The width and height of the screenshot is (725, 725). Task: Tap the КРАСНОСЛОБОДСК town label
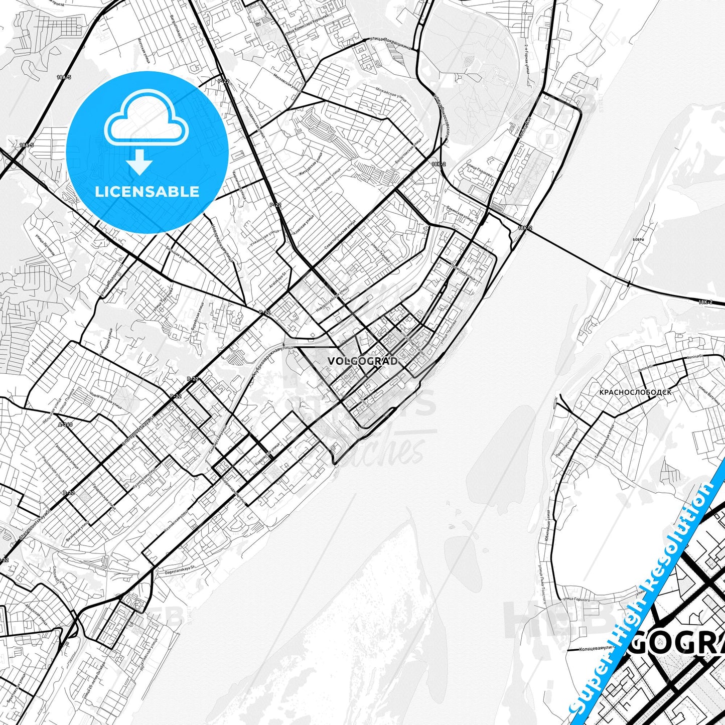coord(635,392)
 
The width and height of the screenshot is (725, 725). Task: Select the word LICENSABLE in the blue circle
coord(147,192)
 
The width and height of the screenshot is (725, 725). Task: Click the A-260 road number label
coord(65,424)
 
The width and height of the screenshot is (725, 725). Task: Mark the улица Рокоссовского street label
coord(441,115)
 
